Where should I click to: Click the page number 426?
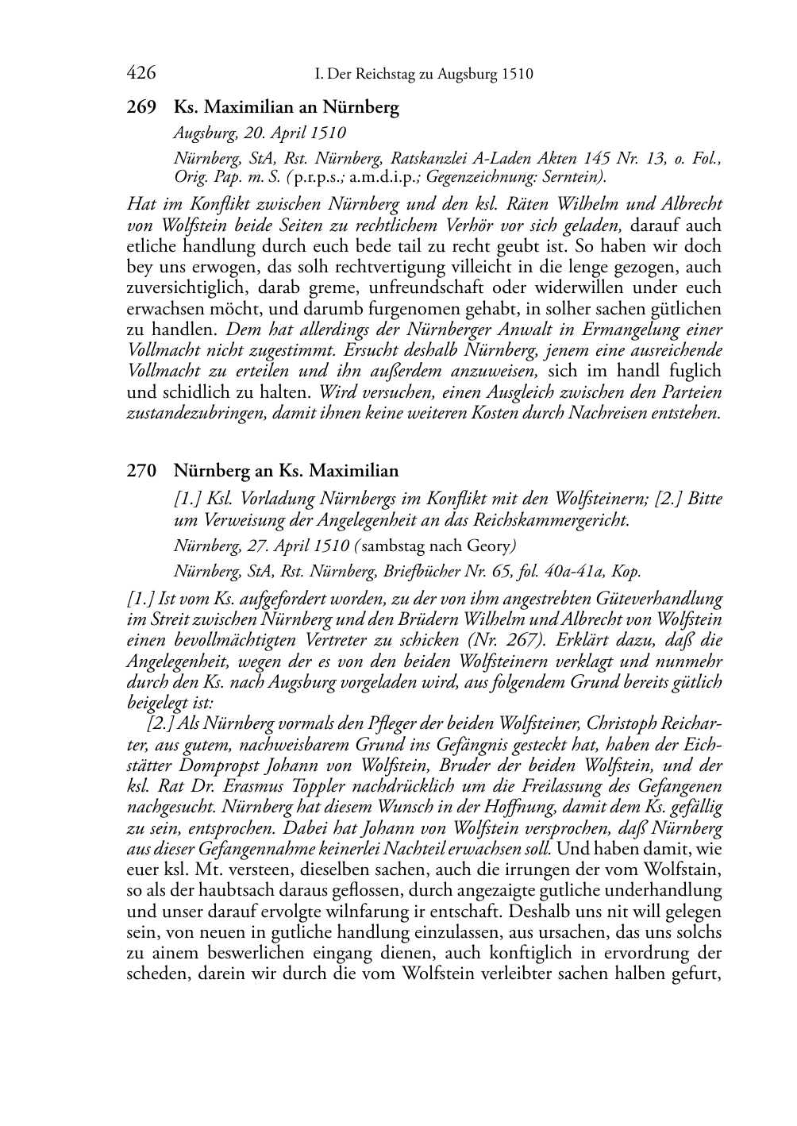tap(141, 74)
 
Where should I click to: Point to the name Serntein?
tap(576, 176)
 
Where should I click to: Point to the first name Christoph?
tap(611, 724)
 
